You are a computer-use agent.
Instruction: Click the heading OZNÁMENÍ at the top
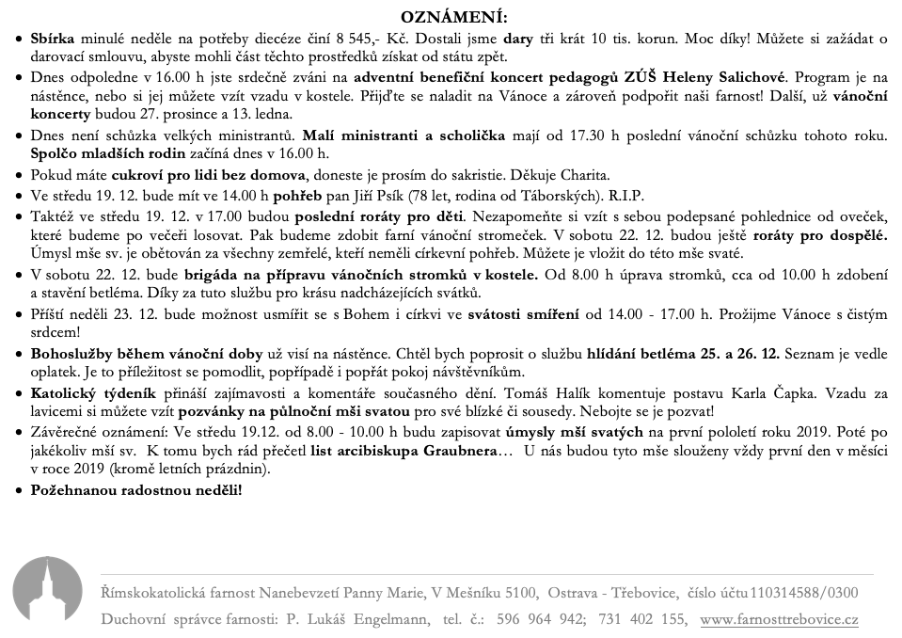[453, 18]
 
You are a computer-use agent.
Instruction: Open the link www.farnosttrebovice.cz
[779, 619]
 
